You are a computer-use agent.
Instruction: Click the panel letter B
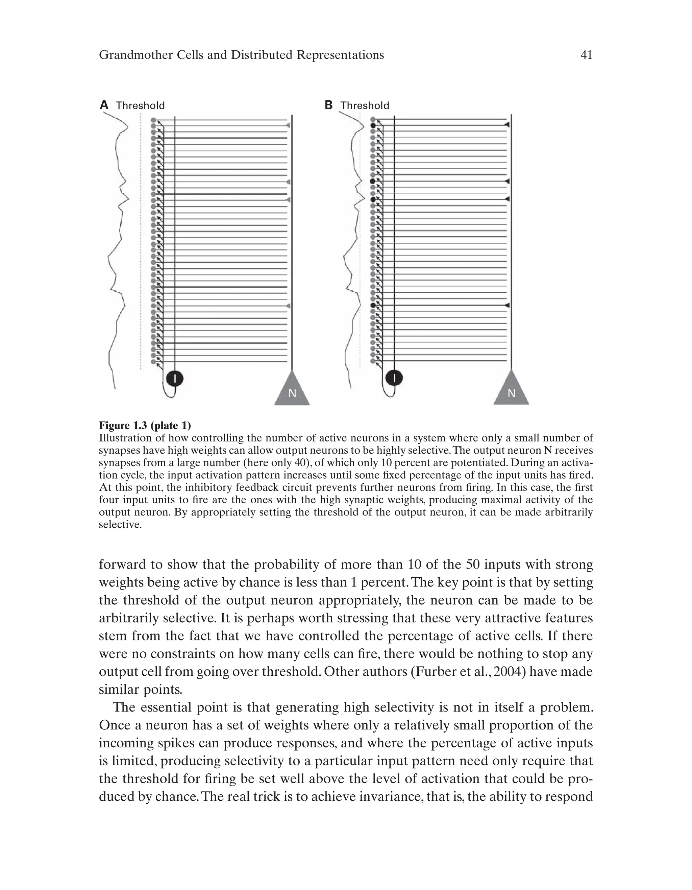328,105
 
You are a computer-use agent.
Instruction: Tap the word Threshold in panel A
140,105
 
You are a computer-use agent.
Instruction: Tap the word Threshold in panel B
365,105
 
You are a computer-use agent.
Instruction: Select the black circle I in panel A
175,379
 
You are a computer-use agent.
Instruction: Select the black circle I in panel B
394,378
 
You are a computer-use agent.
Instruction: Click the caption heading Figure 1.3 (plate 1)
145,426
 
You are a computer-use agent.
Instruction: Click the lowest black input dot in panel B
373,305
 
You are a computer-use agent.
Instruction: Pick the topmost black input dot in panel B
373,125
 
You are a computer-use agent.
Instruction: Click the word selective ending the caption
120,525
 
